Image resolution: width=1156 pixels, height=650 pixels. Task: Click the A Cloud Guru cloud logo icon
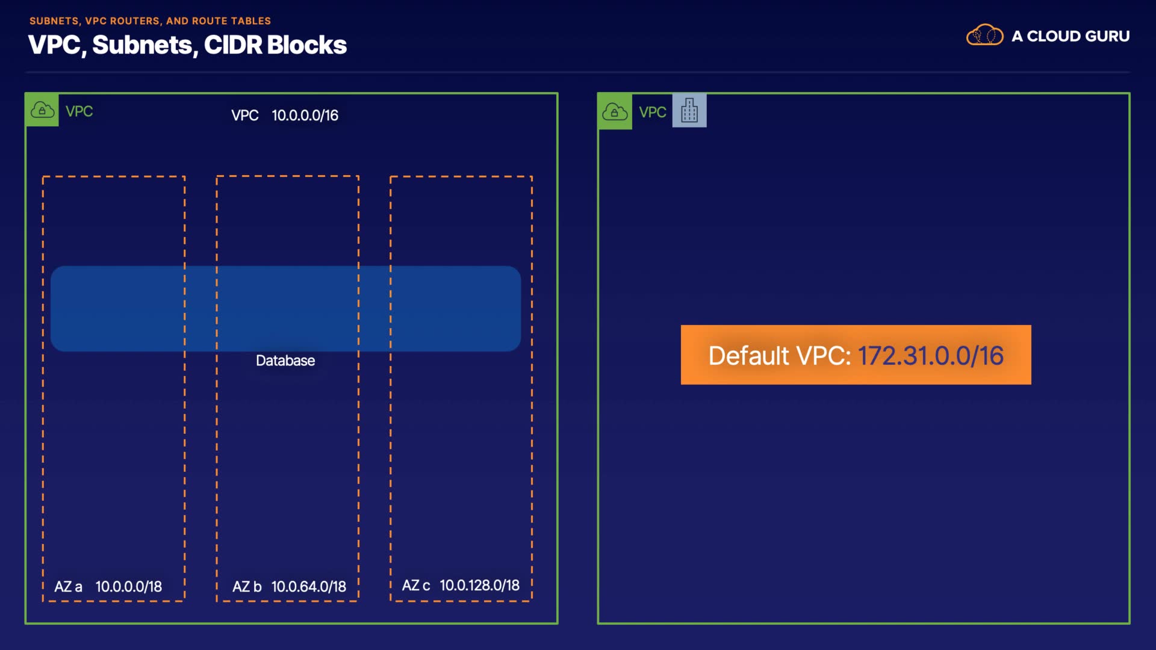pos(984,35)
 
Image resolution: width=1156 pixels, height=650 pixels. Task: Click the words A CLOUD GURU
pos(1071,36)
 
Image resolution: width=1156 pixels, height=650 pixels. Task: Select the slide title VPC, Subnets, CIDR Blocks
pos(187,45)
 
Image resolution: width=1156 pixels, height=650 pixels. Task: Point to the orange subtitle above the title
pos(150,20)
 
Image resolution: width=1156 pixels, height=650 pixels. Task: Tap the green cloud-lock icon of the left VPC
pos(42,110)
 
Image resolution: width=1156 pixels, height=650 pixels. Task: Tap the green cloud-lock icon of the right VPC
pos(615,111)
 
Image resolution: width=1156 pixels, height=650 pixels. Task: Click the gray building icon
pos(689,111)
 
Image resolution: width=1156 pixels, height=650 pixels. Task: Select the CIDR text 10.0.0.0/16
pos(305,115)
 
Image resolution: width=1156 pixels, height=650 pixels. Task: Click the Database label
pos(285,361)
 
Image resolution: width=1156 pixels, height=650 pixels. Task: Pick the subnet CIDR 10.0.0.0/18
pos(129,586)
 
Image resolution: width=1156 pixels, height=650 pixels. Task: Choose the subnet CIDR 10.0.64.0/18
pos(309,586)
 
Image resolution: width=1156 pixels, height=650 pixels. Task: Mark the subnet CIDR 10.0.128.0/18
pos(480,585)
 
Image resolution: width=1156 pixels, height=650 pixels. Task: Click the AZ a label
pos(68,586)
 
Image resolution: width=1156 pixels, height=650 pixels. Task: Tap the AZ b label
pos(247,586)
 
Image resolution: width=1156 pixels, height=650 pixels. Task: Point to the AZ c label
pos(416,585)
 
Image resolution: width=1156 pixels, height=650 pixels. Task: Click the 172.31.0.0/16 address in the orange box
pos(931,356)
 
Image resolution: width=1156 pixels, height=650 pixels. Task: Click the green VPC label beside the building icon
pos(653,112)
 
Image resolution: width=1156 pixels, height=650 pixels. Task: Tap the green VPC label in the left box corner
pos(79,111)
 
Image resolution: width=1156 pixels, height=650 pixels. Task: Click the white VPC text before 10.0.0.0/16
pos(245,115)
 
